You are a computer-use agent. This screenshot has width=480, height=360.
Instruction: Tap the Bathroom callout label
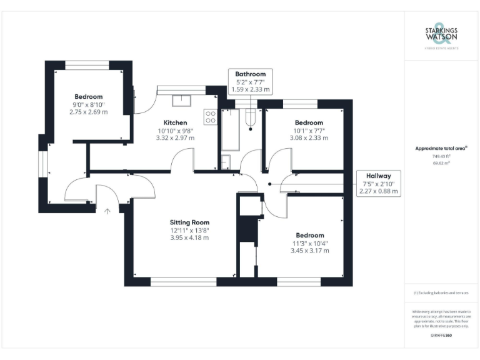coord(250,82)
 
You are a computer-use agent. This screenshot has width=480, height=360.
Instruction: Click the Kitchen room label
coord(175,122)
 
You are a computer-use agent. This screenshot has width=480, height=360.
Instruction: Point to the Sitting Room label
coord(189,222)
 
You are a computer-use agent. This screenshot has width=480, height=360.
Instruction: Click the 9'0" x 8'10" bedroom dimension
coord(88,104)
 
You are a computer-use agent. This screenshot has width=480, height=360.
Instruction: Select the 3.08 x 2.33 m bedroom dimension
coord(309,138)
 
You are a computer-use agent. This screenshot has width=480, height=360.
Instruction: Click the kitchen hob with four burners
coord(211,117)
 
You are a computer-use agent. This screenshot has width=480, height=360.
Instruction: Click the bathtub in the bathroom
coord(231,129)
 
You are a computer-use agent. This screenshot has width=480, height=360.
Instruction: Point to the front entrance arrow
coord(107,211)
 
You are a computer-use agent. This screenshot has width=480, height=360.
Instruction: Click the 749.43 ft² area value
coord(441,156)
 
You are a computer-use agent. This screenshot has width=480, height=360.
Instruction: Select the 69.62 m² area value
coord(441,162)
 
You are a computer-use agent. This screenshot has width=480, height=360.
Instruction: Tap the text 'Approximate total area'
coord(441,148)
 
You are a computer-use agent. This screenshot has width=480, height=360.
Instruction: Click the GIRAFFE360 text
coord(441,336)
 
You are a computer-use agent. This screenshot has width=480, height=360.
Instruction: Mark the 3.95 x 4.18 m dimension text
coord(189,237)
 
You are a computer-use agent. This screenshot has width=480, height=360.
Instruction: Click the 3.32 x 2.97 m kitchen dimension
coord(175,138)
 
